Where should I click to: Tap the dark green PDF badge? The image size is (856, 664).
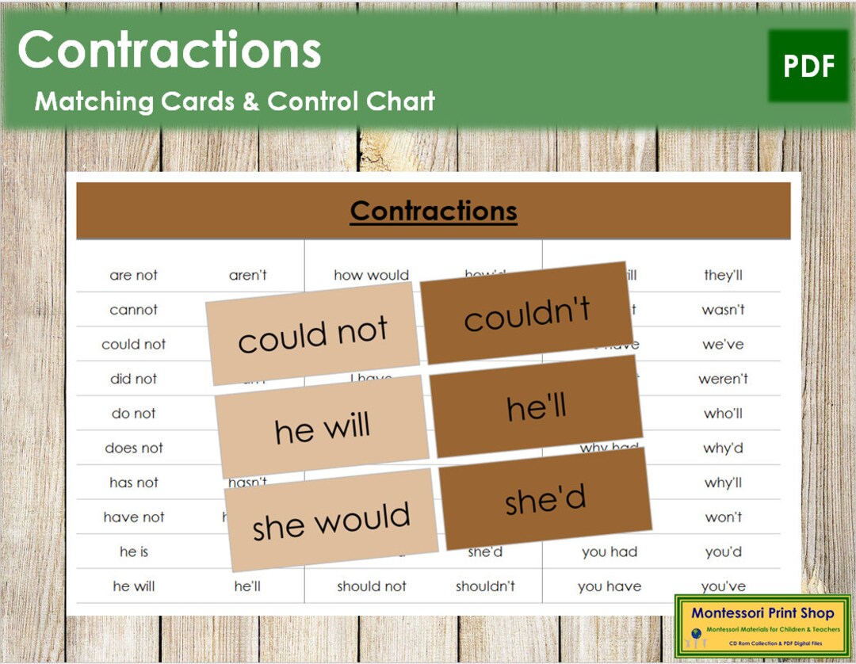[808, 67]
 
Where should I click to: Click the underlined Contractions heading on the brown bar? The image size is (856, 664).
[434, 211]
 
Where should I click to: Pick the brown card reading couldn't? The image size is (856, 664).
[526, 312]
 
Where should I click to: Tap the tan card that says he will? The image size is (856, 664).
[322, 428]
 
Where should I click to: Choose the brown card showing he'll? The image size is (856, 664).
[537, 407]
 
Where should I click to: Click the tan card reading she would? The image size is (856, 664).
[331, 520]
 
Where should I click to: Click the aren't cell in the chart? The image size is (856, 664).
[248, 275]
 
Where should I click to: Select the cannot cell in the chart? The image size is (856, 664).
[134, 310]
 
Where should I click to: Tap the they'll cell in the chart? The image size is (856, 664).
[723, 275]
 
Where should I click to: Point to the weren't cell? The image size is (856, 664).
[723, 379]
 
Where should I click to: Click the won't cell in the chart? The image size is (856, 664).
[723, 517]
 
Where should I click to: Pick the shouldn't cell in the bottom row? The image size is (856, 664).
[485, 586]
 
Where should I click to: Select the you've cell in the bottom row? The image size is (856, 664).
[723, 586]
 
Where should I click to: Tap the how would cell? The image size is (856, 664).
[371, 275]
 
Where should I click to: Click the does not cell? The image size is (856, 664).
[134, 448]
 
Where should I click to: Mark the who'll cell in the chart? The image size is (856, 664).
[723, 414]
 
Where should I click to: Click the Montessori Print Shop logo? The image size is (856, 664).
[762, 625]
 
